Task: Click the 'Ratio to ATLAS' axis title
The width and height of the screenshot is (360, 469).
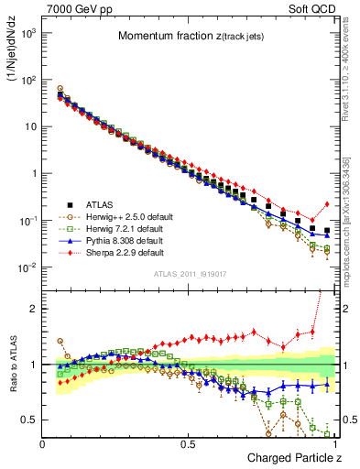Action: pyautogui.click(x=13, y=366)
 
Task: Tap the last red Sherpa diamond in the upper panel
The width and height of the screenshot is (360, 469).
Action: pyautogui.click(x=328, y=204)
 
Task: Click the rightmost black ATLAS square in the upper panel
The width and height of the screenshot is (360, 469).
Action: pyautogui.click(x=328, y=230)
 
